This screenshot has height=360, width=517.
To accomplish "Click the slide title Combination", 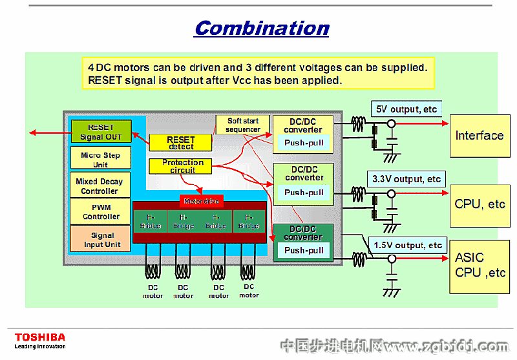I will pyautogui.click(x=262, y=28).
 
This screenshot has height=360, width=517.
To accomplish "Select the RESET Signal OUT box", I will pyautogui.click(x=101, y=132).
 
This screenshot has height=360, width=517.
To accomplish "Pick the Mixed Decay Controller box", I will pyautogui.click(x=100, y=186).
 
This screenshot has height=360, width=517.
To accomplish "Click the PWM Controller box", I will pyautogui.click(x=101, y=212).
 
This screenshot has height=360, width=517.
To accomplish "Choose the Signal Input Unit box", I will pyautogui.click(x=101, y=240).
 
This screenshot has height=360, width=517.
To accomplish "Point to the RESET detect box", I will pyautogui.click(x=180, y=143).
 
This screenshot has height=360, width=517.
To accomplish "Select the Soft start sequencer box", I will pyautogui.click(x=243, y=125).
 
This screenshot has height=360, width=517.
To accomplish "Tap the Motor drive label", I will pyautogui.click(x=202, y=201).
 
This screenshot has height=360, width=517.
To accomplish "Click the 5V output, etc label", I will pyautogui.click(x=406, y=109).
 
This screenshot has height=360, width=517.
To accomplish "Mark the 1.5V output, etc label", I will pyautogui.click(x=408, y=245).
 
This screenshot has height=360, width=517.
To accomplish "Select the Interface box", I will pyautogui.click(x=479, y=135).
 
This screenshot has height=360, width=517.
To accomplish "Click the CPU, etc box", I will pyautogui.click(x=479, y=204).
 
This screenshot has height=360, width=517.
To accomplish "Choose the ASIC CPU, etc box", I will pyautogui.click(x=479, y=265).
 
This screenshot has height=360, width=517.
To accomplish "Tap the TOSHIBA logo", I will pyautogui.click(x=40, y=337).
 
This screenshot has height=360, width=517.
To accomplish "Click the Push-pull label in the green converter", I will pyautogui.click(x=304, y=250).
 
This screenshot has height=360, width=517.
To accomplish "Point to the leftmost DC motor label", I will pyautogui.click(x=153, y=291).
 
